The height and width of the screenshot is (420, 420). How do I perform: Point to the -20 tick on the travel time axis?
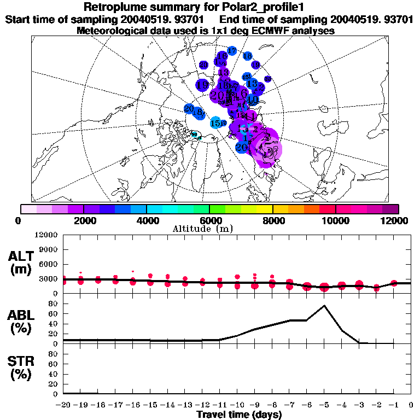[63, 405]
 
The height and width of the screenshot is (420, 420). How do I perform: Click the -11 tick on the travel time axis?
[220, 405]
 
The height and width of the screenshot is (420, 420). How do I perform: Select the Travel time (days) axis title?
[239, 415]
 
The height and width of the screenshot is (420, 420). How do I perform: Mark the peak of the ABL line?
[324, 306]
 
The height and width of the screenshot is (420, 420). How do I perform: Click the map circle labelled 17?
[232, 51]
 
